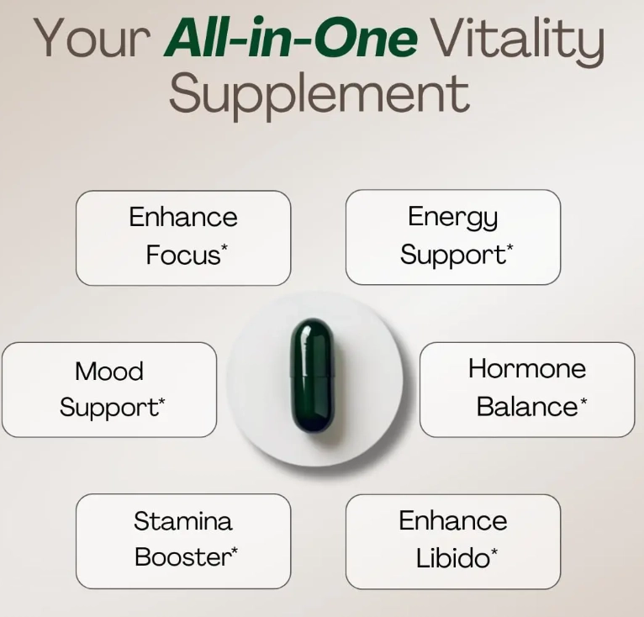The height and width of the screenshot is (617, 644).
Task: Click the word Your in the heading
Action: (92, 37)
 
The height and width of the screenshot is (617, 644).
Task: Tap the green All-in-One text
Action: (291, 37)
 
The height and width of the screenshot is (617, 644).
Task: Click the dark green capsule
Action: (312, 376)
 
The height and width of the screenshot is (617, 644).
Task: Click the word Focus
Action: (183, 255)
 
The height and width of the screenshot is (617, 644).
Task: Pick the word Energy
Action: (452, 218)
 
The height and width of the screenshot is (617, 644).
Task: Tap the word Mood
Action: (109, 371)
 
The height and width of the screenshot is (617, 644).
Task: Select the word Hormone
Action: (527, 368)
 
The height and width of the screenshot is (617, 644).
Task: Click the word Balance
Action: (527, 407)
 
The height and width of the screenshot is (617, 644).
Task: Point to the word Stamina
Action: (183, 521)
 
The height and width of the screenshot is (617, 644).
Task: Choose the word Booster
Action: (182, 557)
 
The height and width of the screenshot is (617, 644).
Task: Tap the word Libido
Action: (453, 558)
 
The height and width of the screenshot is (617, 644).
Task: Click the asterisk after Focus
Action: (224, 247)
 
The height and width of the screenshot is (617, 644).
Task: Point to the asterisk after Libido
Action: (494, 551)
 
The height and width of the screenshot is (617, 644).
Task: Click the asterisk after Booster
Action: (234, 551)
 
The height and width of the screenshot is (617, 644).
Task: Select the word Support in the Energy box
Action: (453, 256)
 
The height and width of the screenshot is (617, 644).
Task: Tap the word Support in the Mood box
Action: (108, 409)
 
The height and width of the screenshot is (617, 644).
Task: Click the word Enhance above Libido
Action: (453, 521)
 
